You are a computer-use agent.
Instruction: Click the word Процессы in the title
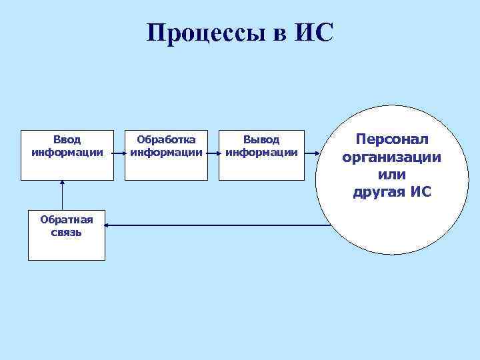(x=205, y=32)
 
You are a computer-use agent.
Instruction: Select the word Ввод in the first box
(x=67, y=140)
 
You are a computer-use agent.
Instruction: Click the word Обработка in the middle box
(x=166, y=140)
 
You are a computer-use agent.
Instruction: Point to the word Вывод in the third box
(x=261, y=140)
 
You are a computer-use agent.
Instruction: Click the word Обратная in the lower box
(x=67, y=219)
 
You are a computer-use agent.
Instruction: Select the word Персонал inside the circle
(x=392, y=140)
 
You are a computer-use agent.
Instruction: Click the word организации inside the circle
(x=392, y=157)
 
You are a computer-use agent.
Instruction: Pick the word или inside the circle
(x=392, y=175)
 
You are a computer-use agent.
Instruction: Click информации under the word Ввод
(x=67, y=152)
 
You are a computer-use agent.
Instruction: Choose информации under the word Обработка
(x=166, y=152)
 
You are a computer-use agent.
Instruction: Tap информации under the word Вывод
(x=261, y=152)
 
